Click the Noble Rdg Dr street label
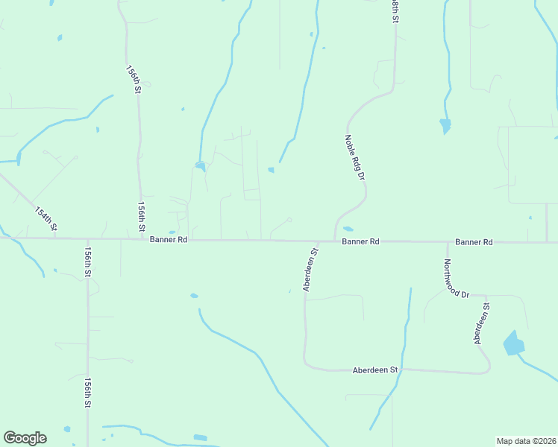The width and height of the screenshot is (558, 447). pyautogui.click(x=355, y=157)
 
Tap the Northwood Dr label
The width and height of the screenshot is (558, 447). pyautogui.click(x=455, y=279)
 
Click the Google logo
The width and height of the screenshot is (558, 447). pyautogui.click(x=25, y=438)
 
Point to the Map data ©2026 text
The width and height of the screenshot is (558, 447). pyautogui.click(x=526, y=441)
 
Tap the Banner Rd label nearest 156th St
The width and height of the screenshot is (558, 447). pyautogui.click(x=168, y=240)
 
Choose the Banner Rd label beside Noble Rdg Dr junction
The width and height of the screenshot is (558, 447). pyautogui.click(x=361, y=242)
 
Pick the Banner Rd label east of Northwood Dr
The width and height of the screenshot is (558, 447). pyautogui.click(x=474, y=242)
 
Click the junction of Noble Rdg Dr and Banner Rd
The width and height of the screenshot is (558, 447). pyautogui.click(x=335, y=241)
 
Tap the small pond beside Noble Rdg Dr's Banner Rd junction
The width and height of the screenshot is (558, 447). pyautogui.click(x=348, y=229)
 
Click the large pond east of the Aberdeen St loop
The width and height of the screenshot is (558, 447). pyautogui.click(x=513, y=343)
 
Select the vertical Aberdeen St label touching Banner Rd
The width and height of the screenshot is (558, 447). pyautogui.click(x=310, y=270)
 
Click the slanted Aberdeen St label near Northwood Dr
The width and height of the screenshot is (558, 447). pyautogui.click(x=481, y=323)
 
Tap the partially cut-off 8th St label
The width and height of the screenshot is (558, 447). pyautogui.click(x=394, y=10)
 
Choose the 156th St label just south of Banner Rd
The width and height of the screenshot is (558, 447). pyautogui.click(x=87, y=262)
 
